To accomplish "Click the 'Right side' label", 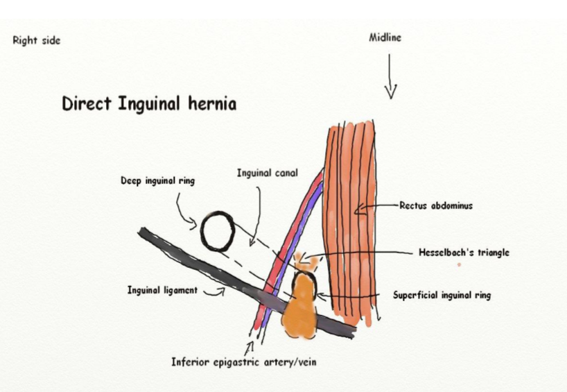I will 37,40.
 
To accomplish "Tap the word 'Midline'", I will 385,37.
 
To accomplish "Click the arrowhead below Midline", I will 390,92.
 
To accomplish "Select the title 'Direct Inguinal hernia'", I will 149,105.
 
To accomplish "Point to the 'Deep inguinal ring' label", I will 157,181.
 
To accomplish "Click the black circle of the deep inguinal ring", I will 218,232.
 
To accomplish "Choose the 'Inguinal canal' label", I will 267,173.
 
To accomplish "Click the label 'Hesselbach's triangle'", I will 464,253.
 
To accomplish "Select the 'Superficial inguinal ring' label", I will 442,296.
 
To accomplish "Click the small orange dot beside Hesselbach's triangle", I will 459,264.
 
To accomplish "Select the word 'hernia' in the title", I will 212,105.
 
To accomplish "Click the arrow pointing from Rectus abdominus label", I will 378,206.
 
